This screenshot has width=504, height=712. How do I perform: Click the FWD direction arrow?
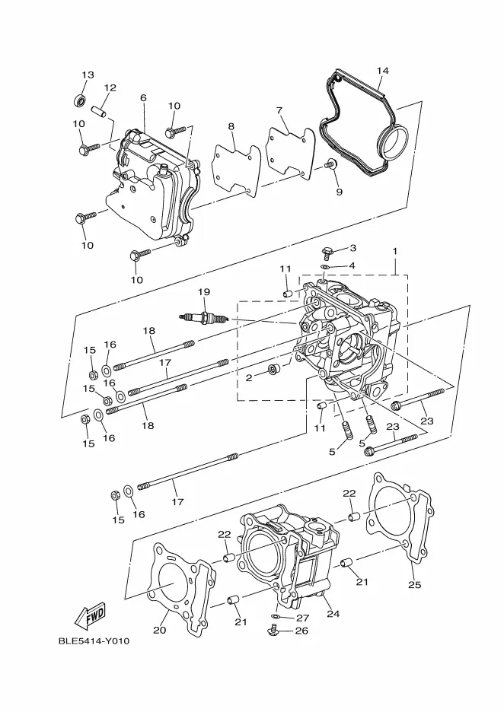[90, 613]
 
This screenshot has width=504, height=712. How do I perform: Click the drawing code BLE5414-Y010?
[94, 640]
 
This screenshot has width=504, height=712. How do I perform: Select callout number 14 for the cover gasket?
[382, 71]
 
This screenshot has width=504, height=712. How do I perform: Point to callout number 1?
[395, 251]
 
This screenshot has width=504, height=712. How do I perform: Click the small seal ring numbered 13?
[79, 100]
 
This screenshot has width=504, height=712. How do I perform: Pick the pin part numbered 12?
[97, 113]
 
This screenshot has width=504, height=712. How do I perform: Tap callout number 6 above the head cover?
[142, 97]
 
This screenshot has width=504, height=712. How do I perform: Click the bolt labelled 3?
[327, 252]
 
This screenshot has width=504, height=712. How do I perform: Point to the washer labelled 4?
[325, 267]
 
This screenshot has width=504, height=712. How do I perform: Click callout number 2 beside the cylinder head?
[249, 377]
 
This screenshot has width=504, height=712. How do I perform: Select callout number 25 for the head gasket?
[414, 585]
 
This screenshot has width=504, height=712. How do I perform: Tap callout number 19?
[203, 291]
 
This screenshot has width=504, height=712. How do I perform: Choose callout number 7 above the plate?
[279, 110]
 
